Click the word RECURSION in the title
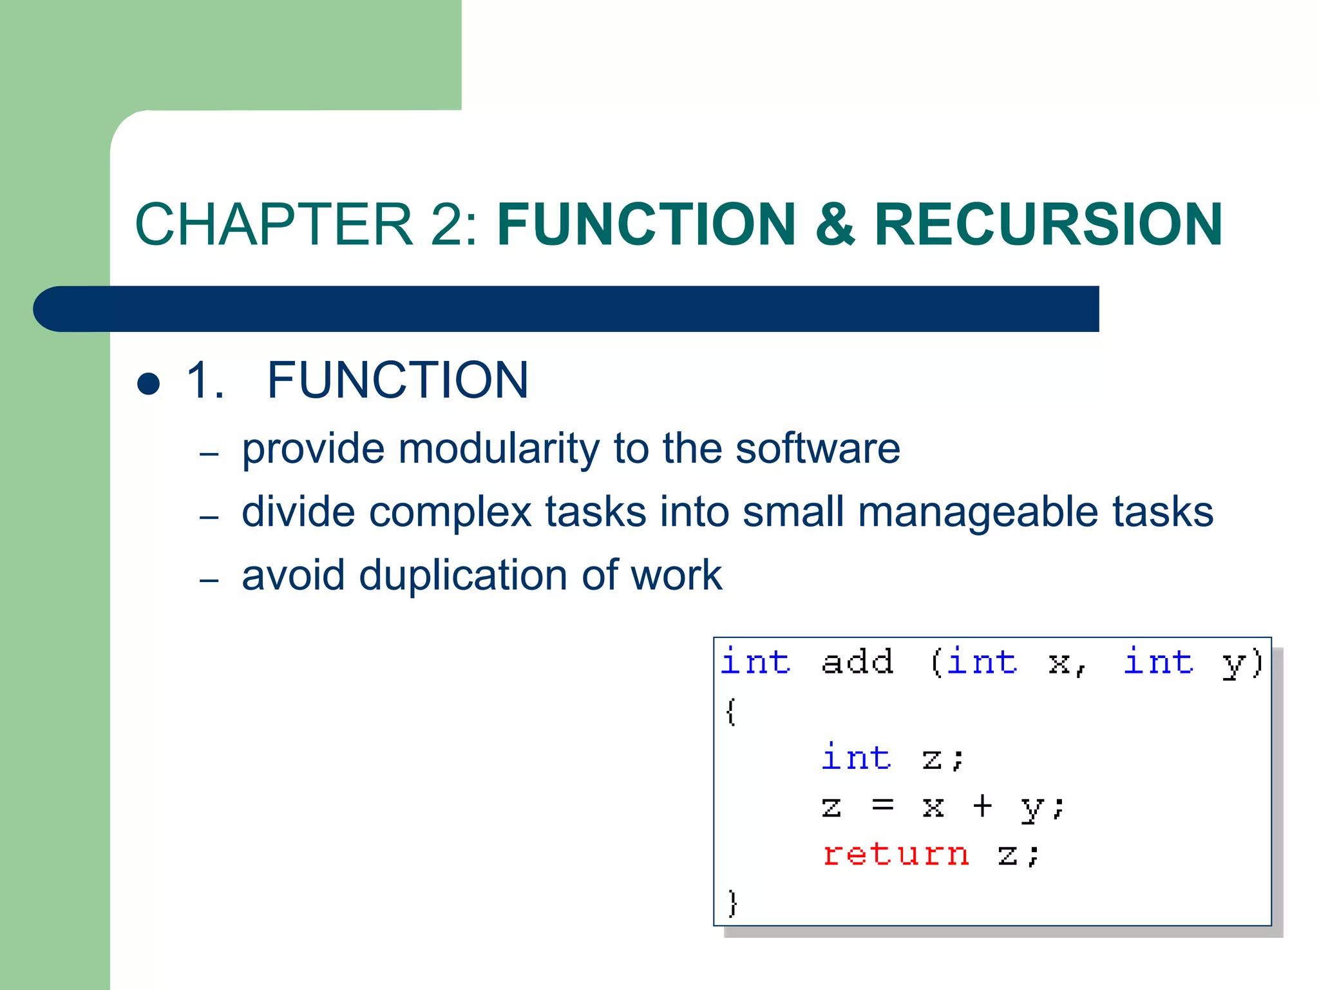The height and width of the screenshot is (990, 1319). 1048,224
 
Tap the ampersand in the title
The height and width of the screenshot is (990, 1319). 835,224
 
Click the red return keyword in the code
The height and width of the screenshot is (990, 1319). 896,854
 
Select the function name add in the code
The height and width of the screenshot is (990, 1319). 857,663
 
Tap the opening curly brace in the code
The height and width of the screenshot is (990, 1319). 730,712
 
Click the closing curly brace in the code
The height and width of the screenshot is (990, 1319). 732,902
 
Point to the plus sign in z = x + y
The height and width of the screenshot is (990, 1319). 982,806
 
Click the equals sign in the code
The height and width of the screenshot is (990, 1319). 882,806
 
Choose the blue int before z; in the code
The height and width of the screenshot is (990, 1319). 857,757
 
